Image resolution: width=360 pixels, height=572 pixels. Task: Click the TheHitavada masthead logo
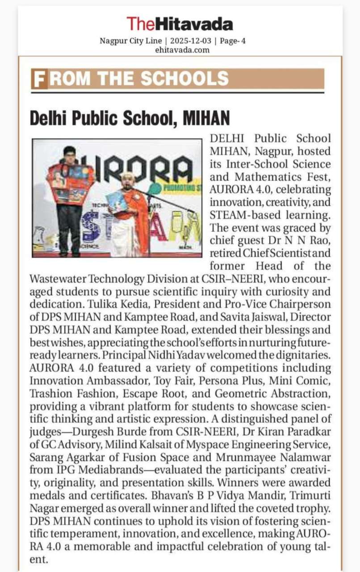pyautogui.click(x=180, y=23)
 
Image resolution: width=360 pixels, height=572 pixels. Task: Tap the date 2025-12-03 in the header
pyautogui.click(x=189, y=41)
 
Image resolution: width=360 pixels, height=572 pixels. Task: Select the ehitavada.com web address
pyautogui.click(x=182, y=50)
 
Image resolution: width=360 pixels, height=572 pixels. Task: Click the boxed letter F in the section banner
pyautogui.click(x=39, y=79)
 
